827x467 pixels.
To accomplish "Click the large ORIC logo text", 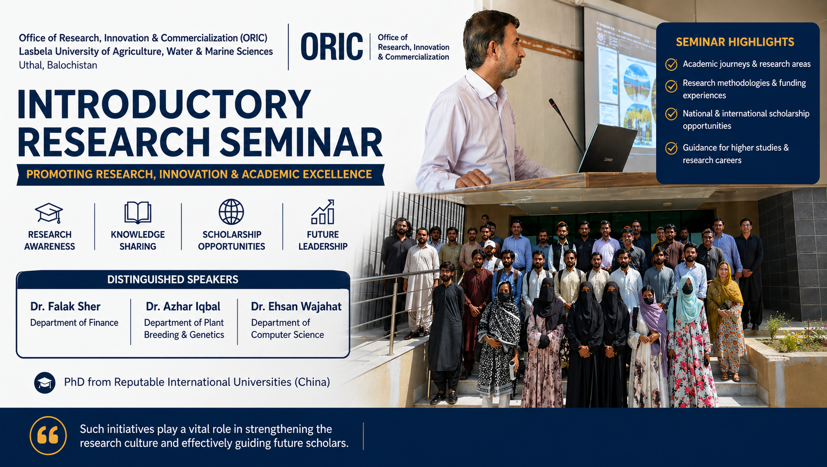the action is tap(332, 47).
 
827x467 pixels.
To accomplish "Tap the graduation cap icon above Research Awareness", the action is tap(49, 213).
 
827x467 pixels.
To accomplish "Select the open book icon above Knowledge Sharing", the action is tap(138, 213).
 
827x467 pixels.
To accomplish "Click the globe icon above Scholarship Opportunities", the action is tap(231, 212).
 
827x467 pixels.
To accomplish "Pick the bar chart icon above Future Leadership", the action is tap(323, 212).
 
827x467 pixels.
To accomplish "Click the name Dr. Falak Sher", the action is tap(65, 306).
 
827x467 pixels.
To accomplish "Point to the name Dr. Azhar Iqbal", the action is tap(183, 306).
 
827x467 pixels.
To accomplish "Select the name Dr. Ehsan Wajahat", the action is tap(296, 306).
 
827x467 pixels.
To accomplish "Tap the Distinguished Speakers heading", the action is tap(173, 279).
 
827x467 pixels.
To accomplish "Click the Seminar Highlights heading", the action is tap(735, 42).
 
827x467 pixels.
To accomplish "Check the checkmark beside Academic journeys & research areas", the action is tap(671, 64).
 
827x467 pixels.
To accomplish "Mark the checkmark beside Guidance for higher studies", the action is tap(671, 148).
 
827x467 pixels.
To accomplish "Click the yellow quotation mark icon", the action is tap(48, 436).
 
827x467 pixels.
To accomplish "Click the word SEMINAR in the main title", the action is tap(301, 143).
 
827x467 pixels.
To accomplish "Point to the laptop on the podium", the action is tap(607, 149).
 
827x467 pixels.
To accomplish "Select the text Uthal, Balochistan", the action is tap(58, 65).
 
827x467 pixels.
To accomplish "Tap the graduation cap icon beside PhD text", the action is tap(45, 382).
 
